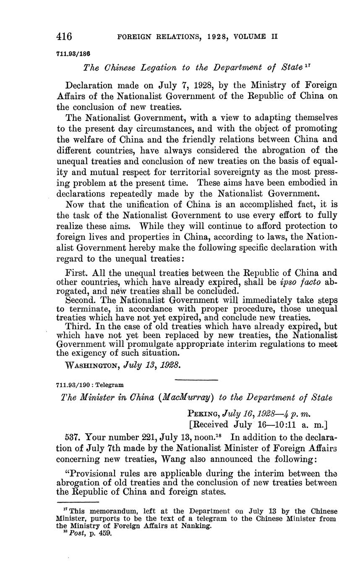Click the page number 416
point(65,37)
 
